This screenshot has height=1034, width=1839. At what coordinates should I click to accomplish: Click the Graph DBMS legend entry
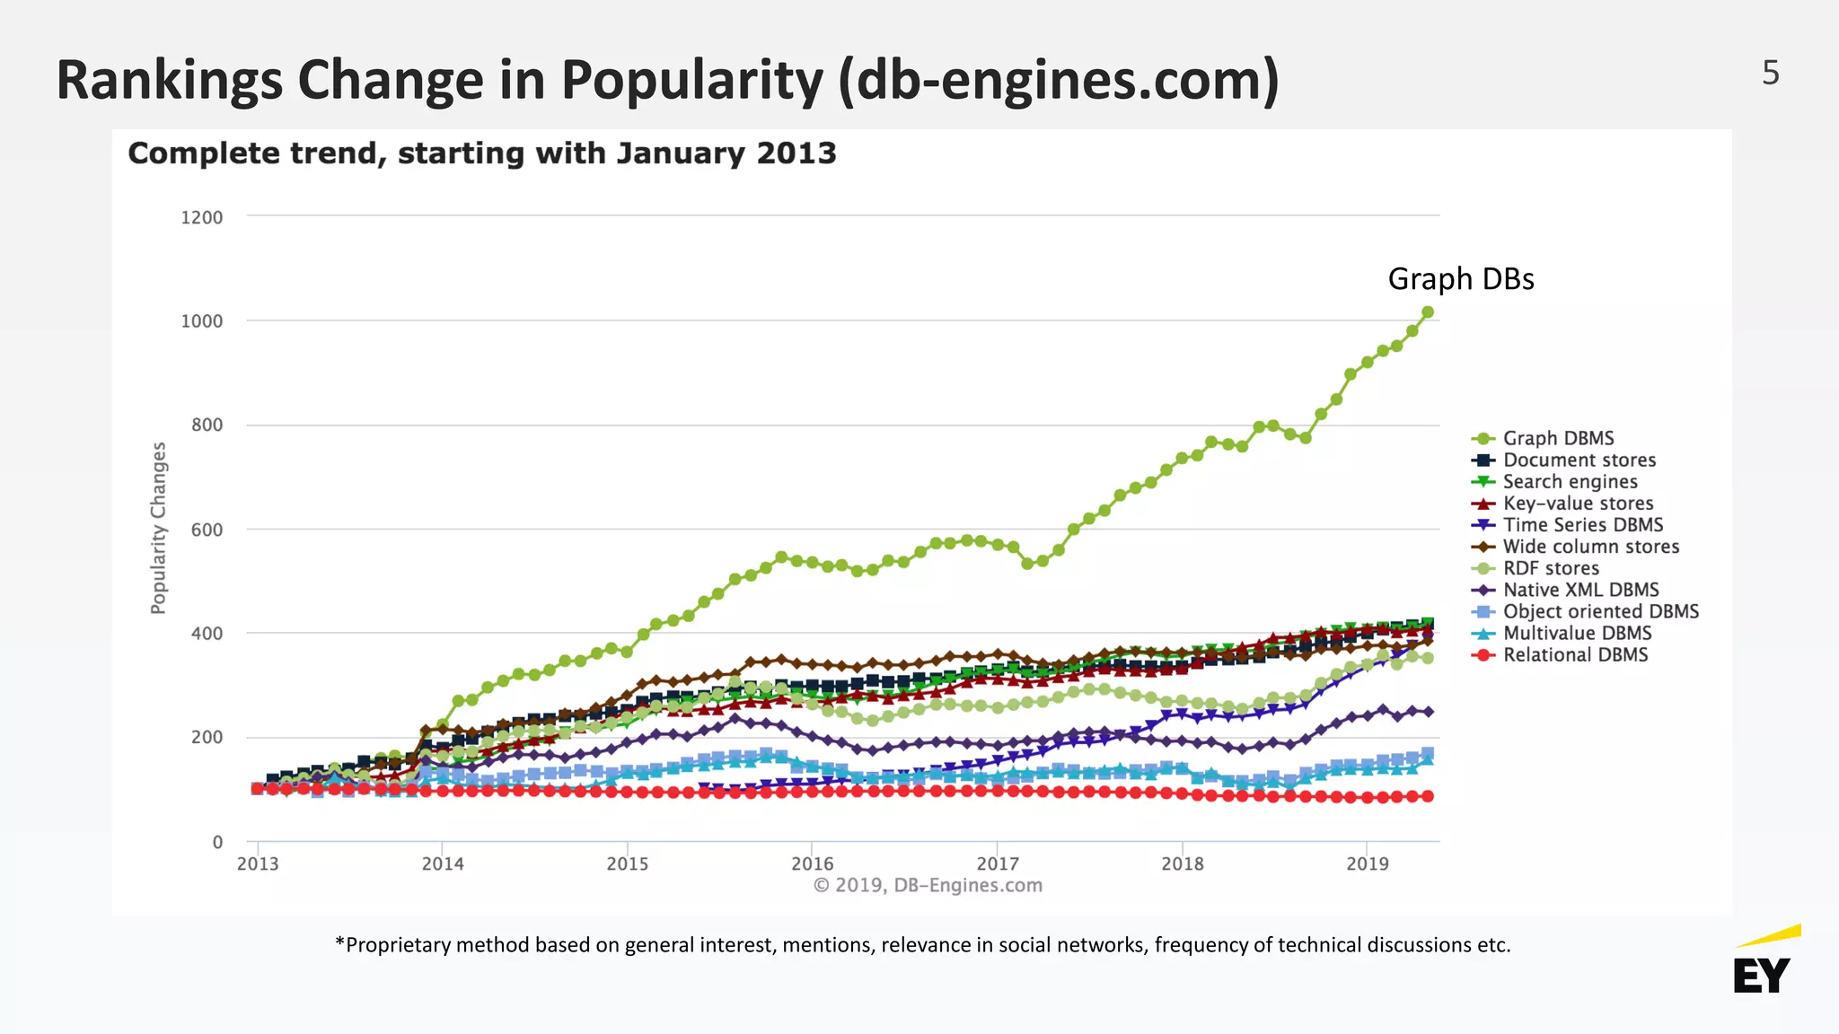(1558, 438)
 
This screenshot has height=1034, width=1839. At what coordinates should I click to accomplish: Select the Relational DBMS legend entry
(1575, 654)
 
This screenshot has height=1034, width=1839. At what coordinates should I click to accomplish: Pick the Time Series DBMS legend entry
(1582, 525)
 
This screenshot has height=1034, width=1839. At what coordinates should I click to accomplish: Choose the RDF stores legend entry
(1551, 568)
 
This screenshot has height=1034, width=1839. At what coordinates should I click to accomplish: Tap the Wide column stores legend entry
(1590, 547)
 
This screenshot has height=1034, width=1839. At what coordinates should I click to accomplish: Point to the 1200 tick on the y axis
(202, 217)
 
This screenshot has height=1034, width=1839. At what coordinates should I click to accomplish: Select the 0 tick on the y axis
(217, 842)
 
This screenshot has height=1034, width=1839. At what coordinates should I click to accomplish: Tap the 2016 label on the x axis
(812, 863)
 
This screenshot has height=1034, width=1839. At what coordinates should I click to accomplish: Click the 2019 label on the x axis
(1367, 863)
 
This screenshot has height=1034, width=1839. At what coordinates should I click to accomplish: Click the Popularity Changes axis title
(158, 528)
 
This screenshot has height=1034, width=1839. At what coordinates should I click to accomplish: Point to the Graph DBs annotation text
(1460, 279)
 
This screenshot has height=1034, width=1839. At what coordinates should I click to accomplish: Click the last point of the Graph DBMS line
(1427, 312)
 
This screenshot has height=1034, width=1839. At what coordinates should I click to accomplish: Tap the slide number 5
(1770, 73)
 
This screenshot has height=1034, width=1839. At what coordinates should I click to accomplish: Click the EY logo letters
(1761, 976)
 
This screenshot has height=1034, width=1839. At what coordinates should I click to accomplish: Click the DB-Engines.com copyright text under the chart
(928, 885)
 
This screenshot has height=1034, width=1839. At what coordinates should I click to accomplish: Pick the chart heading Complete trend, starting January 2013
(482, 153)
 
